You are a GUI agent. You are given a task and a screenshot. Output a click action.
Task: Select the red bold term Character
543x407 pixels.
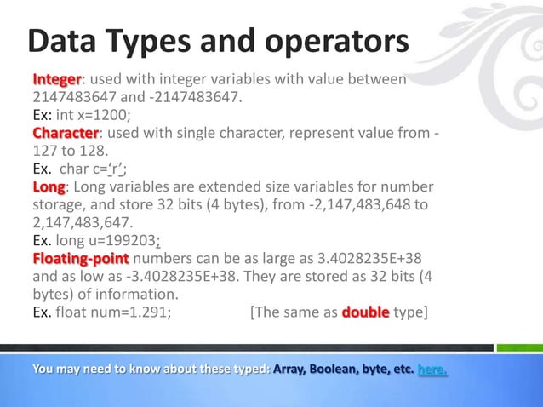click(x=66, y=134)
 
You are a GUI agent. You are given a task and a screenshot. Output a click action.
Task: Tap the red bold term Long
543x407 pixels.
click(x=49, y=187)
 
